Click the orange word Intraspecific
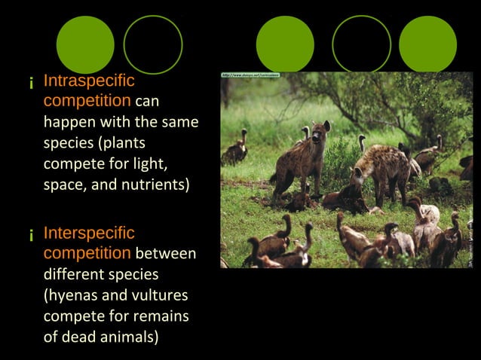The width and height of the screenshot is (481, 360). coord(89,81)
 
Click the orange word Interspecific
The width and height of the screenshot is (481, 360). coord(89,233)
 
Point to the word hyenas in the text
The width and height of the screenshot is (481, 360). coord(72,295)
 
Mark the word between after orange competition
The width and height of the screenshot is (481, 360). coord(166,254)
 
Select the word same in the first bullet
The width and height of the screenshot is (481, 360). coord(180,121)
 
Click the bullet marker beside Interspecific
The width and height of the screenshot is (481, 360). coord(31,236)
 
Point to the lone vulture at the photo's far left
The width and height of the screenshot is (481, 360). coord(236,149)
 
